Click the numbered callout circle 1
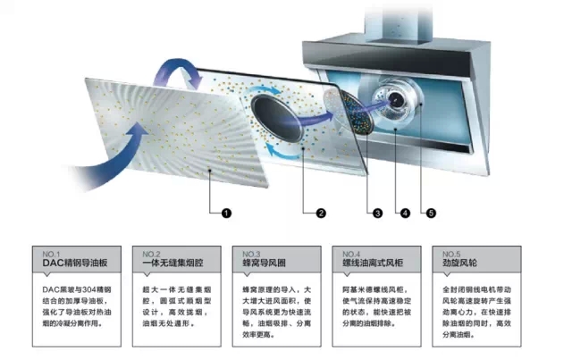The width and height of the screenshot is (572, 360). click(227, 213)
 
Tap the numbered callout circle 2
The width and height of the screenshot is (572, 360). click(320, 213)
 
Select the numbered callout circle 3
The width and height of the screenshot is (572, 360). click(378, 213)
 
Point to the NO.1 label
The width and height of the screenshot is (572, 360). click(53, 253)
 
